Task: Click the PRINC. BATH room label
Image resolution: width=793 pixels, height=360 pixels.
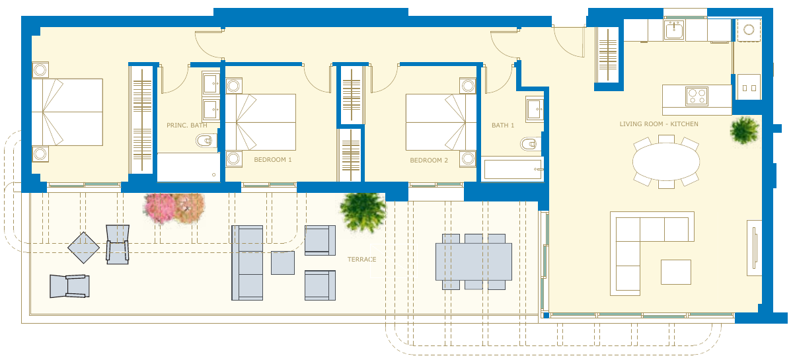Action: [186, 126]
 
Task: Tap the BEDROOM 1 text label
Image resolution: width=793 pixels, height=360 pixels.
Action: [272, 160]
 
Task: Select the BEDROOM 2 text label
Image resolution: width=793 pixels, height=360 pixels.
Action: [429, 161]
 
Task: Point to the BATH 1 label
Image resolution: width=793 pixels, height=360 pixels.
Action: [503, 126]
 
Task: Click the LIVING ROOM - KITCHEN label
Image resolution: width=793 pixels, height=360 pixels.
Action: [659, 124]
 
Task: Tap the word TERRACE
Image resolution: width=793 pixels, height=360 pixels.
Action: [362, 260]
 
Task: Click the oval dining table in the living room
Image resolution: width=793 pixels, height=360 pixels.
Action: [666, 162]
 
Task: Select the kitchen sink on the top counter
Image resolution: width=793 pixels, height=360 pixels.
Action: [674, 30]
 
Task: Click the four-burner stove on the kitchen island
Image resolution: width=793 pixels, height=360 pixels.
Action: [697, 96]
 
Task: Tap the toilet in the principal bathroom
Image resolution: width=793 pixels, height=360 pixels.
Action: [206, 141]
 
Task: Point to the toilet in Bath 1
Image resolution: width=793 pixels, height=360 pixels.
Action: [531, 144]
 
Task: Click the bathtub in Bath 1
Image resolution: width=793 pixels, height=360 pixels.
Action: [512, 169]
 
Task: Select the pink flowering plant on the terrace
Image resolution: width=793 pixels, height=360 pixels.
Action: [160, 208]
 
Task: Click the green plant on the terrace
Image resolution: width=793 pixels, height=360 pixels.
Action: [363, 211]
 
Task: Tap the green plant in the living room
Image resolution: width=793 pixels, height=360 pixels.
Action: [744, 130]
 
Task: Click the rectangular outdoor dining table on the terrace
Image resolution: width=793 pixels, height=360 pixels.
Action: [474, 262]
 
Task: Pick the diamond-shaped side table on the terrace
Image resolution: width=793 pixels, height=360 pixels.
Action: [83, 248]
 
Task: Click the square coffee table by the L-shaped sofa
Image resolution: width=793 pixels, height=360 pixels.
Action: [676, 272]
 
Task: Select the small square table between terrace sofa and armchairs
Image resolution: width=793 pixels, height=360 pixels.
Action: [283, 263]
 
